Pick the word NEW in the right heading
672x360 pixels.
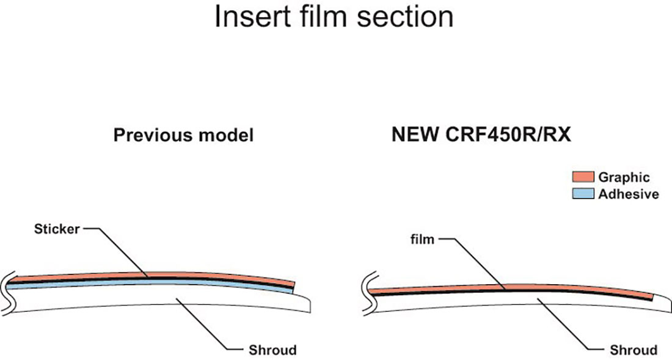(x=414, y=135)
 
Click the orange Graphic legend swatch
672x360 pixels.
(x=583, y=177)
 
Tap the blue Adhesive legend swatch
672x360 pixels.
(x=583, y=194)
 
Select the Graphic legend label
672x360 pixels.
(x=624, y=178)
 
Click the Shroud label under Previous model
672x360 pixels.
(x=272, y=350)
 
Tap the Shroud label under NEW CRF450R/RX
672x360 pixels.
(x=634, y=350)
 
